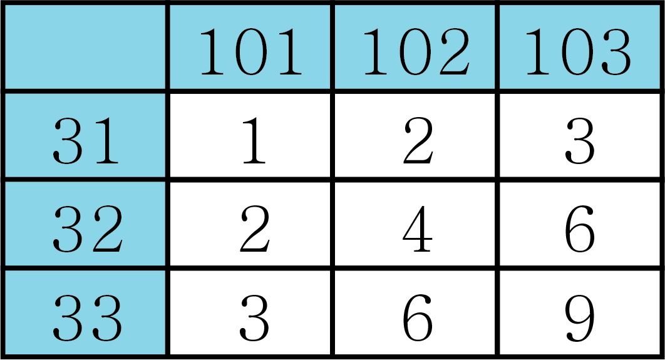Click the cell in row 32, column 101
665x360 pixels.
(x=250, y=225)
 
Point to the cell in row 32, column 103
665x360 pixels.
(x=579, y=225)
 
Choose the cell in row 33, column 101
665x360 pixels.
(x=250, y=312)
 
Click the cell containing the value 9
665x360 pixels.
(x=579, y=312)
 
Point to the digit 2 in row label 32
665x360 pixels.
(x=107, y=229)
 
